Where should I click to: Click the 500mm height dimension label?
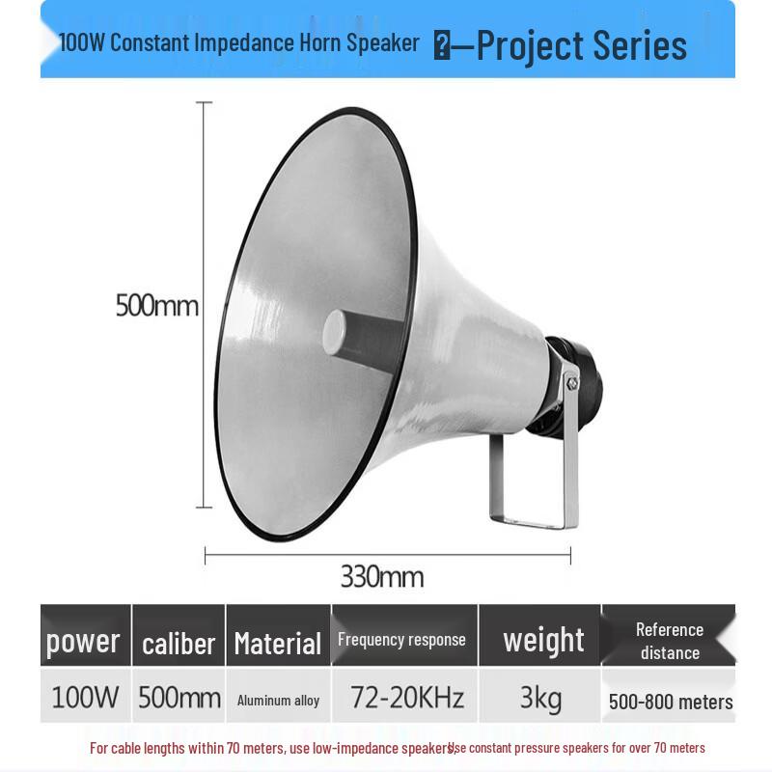(x=156, y=306)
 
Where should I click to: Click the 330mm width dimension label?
(x=381, y=577)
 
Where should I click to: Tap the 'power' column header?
(x=84, y=640)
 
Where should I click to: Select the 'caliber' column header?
(x=179, y=643)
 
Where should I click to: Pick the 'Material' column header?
(x=278, y=643)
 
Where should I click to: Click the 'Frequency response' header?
(x=401, y=639)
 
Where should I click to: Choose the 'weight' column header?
(x=543, y=640)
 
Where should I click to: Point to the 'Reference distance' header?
(x=669, y=641)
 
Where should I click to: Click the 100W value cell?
(x=84, y=698)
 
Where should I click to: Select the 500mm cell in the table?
(x=179, y=698)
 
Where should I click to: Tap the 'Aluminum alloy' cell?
(x=278, y=701)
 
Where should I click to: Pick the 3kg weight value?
(x=540, y=698)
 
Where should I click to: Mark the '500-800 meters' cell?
(x=670, y=702)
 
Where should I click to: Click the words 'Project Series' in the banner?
(x=581, y=45)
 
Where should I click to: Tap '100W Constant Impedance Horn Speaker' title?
(x=239, y=42)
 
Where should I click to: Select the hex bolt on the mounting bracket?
(x=570, y=383)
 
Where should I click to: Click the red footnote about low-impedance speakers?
(x=270, y=748)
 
